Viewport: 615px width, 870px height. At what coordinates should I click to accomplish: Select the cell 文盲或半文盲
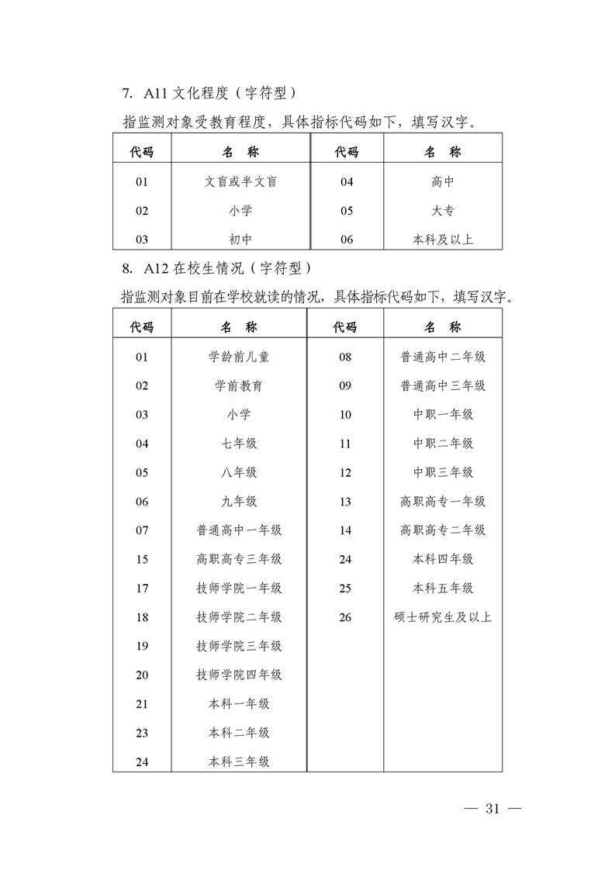[240, 182]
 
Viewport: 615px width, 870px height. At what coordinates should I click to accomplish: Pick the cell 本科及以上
[443, 240]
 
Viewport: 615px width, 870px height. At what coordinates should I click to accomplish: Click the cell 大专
[443, 211]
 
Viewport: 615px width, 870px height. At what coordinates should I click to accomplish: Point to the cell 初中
[240, 240]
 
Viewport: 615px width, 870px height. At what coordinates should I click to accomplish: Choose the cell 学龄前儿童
[239, 357]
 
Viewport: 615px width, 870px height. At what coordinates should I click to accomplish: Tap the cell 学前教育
[239, 385]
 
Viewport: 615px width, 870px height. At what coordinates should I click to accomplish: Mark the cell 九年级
[239, 502]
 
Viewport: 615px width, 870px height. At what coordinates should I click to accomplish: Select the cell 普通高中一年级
[239, 530]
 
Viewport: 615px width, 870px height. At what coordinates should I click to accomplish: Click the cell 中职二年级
[443, 444]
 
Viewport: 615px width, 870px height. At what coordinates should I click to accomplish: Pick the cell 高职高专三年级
[239, 559]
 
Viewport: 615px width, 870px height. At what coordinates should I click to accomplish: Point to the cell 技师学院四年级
[239, 675]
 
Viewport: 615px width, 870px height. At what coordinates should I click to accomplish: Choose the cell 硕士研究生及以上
[443, 617]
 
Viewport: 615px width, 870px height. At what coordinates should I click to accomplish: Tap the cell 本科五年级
[443, 589]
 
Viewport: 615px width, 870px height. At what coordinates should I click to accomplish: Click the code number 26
[345, 617]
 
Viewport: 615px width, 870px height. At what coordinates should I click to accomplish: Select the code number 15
[142, 559]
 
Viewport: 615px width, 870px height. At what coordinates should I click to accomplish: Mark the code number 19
[142, 646]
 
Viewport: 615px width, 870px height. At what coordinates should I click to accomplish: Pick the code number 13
[345, 502]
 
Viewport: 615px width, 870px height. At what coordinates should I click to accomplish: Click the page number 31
[491, 809]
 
